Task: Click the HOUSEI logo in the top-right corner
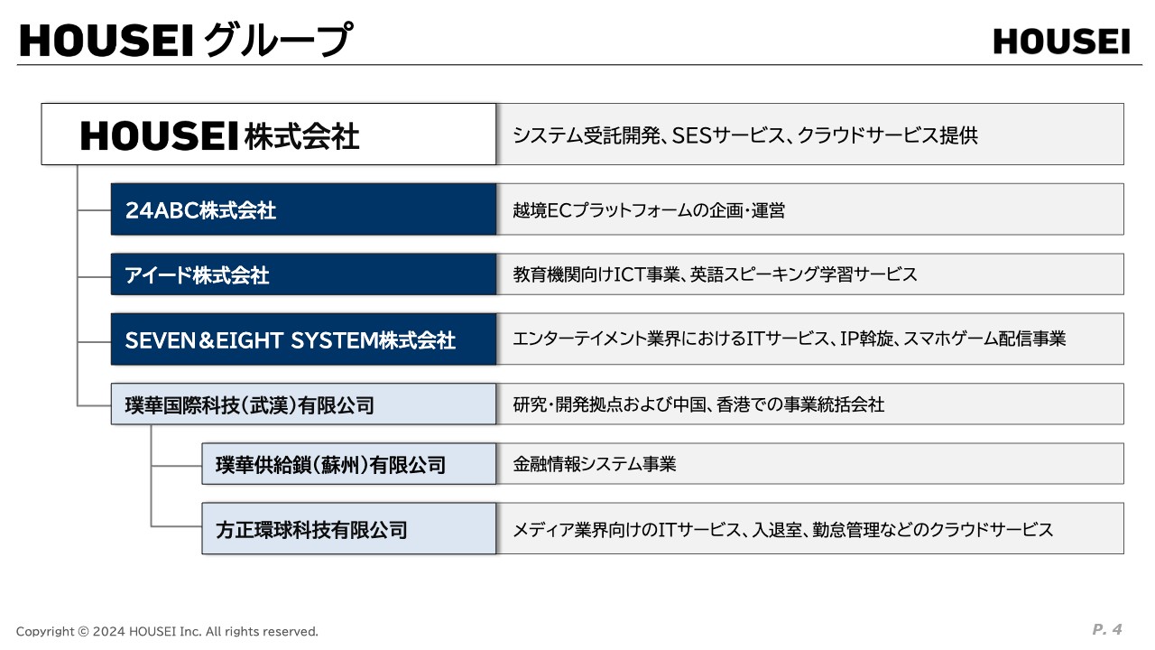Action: click(x=1061, y=42)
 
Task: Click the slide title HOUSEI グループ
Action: click(x=184, y=41)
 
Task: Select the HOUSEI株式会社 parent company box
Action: click(x=268, y=135)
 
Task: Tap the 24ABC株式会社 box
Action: click(x=303, y=209)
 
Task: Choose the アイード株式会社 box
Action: click(x=303, y=274)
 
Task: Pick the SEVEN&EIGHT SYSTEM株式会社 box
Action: click(x=303, y=339)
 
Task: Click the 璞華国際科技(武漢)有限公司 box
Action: click(x=303, y=404)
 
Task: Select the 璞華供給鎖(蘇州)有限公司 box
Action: click(x=348, y=464)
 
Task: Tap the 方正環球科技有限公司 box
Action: click(x=348, y=529)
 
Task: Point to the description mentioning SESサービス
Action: click(x=745, y=135)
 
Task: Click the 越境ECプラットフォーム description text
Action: click(x=649, y=210)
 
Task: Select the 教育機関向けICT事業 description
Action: click(x=715, y=274)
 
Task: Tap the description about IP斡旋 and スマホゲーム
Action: click(x=789, y=339)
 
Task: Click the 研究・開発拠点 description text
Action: click(x=698, y=404)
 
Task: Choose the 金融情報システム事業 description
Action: click(x=595, y=465)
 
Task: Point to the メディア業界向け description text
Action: click(x=782, y=530)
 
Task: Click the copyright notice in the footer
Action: click(x=167, y=631)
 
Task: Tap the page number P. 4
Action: click(x=1106, y=629)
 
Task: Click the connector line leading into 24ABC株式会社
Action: click(x=94, y=210)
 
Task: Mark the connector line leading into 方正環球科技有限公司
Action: click(x=176, y=525)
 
